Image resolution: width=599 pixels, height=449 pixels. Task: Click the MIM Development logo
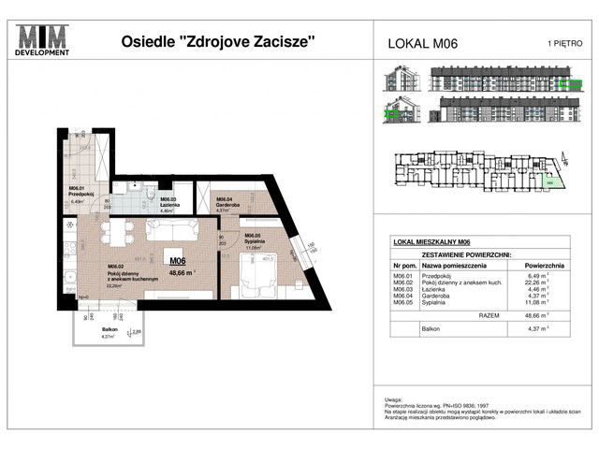pyautogui.click(x=44, y=41)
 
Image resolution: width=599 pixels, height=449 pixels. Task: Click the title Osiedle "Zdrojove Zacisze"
pyautogui.click(x=218, y=41)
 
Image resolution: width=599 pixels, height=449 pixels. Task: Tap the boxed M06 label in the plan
pyautogui.click(x=176, y=260)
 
